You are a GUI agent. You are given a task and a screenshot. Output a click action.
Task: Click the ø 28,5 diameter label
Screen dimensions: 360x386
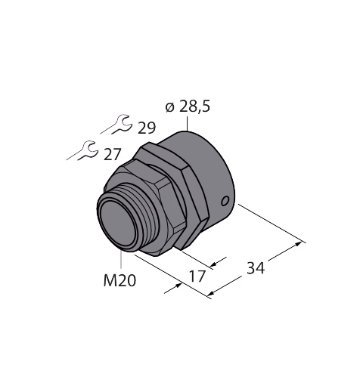pos(188,107)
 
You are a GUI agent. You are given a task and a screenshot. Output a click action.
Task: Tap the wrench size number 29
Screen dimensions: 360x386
pos(147,128)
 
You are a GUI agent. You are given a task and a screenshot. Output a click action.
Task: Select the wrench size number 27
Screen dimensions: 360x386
pos(113,154)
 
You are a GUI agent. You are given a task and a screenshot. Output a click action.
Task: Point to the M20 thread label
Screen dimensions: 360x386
pos(119,280)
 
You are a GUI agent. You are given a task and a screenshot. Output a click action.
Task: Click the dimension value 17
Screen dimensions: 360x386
pos(197,276)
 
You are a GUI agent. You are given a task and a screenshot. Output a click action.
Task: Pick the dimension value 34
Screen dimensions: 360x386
pos(256,268)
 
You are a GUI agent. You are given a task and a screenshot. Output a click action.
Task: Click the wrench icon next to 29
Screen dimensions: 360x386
pos(116,125)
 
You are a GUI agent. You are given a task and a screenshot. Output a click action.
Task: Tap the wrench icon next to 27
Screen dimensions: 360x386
pos(82,150)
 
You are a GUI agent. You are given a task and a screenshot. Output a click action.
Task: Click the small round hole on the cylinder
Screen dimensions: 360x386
pos(225,201)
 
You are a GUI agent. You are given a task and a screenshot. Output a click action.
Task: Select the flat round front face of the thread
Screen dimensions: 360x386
pos(116,224)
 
